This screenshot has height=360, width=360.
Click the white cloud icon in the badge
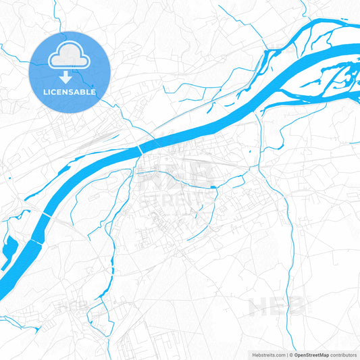[70, 57]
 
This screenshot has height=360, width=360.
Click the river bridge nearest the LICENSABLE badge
[140, 148]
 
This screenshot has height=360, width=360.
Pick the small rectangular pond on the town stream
[213, 186]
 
